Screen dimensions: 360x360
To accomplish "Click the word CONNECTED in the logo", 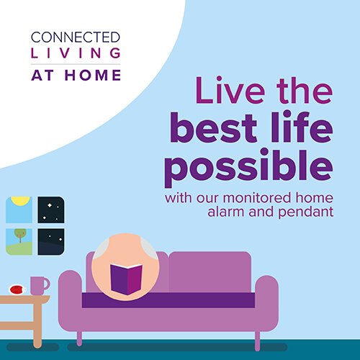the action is point(76,37).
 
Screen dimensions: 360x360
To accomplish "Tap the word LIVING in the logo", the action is point(76,53).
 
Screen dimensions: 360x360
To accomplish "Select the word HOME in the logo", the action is point(93,75).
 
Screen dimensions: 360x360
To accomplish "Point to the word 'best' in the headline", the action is point(214,127).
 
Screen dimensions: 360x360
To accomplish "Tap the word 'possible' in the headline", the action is point(248,167).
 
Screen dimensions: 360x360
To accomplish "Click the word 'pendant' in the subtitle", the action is point(306,212).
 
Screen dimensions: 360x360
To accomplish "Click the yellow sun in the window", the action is point(21,201).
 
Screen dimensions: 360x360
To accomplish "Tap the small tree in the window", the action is point(20,235).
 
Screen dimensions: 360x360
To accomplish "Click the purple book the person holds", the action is point(126,279).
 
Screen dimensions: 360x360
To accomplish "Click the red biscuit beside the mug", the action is point(17,289).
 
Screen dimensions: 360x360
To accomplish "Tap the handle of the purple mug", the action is point(47,284).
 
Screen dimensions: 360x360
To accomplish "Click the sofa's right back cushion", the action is point(210,272).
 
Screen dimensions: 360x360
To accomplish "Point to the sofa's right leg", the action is point(257,341).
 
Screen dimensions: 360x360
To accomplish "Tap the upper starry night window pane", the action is point(51,210).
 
